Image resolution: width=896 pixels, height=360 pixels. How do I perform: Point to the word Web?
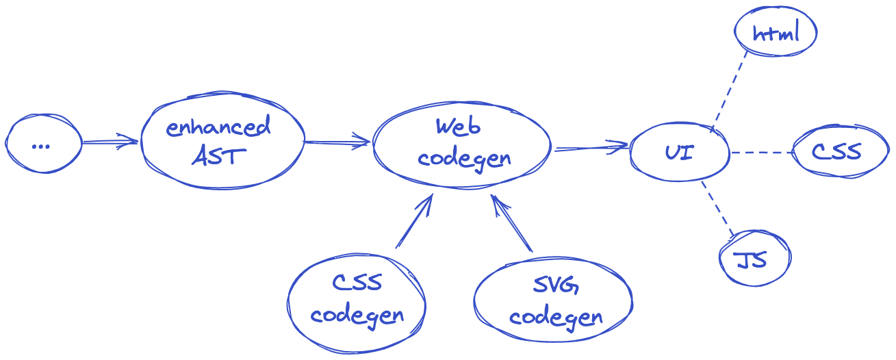(458, 127)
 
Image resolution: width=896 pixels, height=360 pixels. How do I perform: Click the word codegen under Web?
(464, 159)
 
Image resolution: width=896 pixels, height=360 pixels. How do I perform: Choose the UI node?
(679, 152)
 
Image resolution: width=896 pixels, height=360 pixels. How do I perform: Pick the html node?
(776, 33)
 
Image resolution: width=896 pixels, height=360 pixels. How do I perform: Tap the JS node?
(754, 259)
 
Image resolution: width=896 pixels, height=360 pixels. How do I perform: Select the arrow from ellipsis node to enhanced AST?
(110, 143)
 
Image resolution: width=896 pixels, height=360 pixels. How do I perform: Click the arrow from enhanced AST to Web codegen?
(337, 143)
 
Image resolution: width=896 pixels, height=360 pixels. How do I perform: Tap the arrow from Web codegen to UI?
(591, 147)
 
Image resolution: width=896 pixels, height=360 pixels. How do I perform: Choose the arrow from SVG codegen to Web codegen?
(511, 224)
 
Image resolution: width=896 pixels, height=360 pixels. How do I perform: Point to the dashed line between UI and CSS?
(761, 153)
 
